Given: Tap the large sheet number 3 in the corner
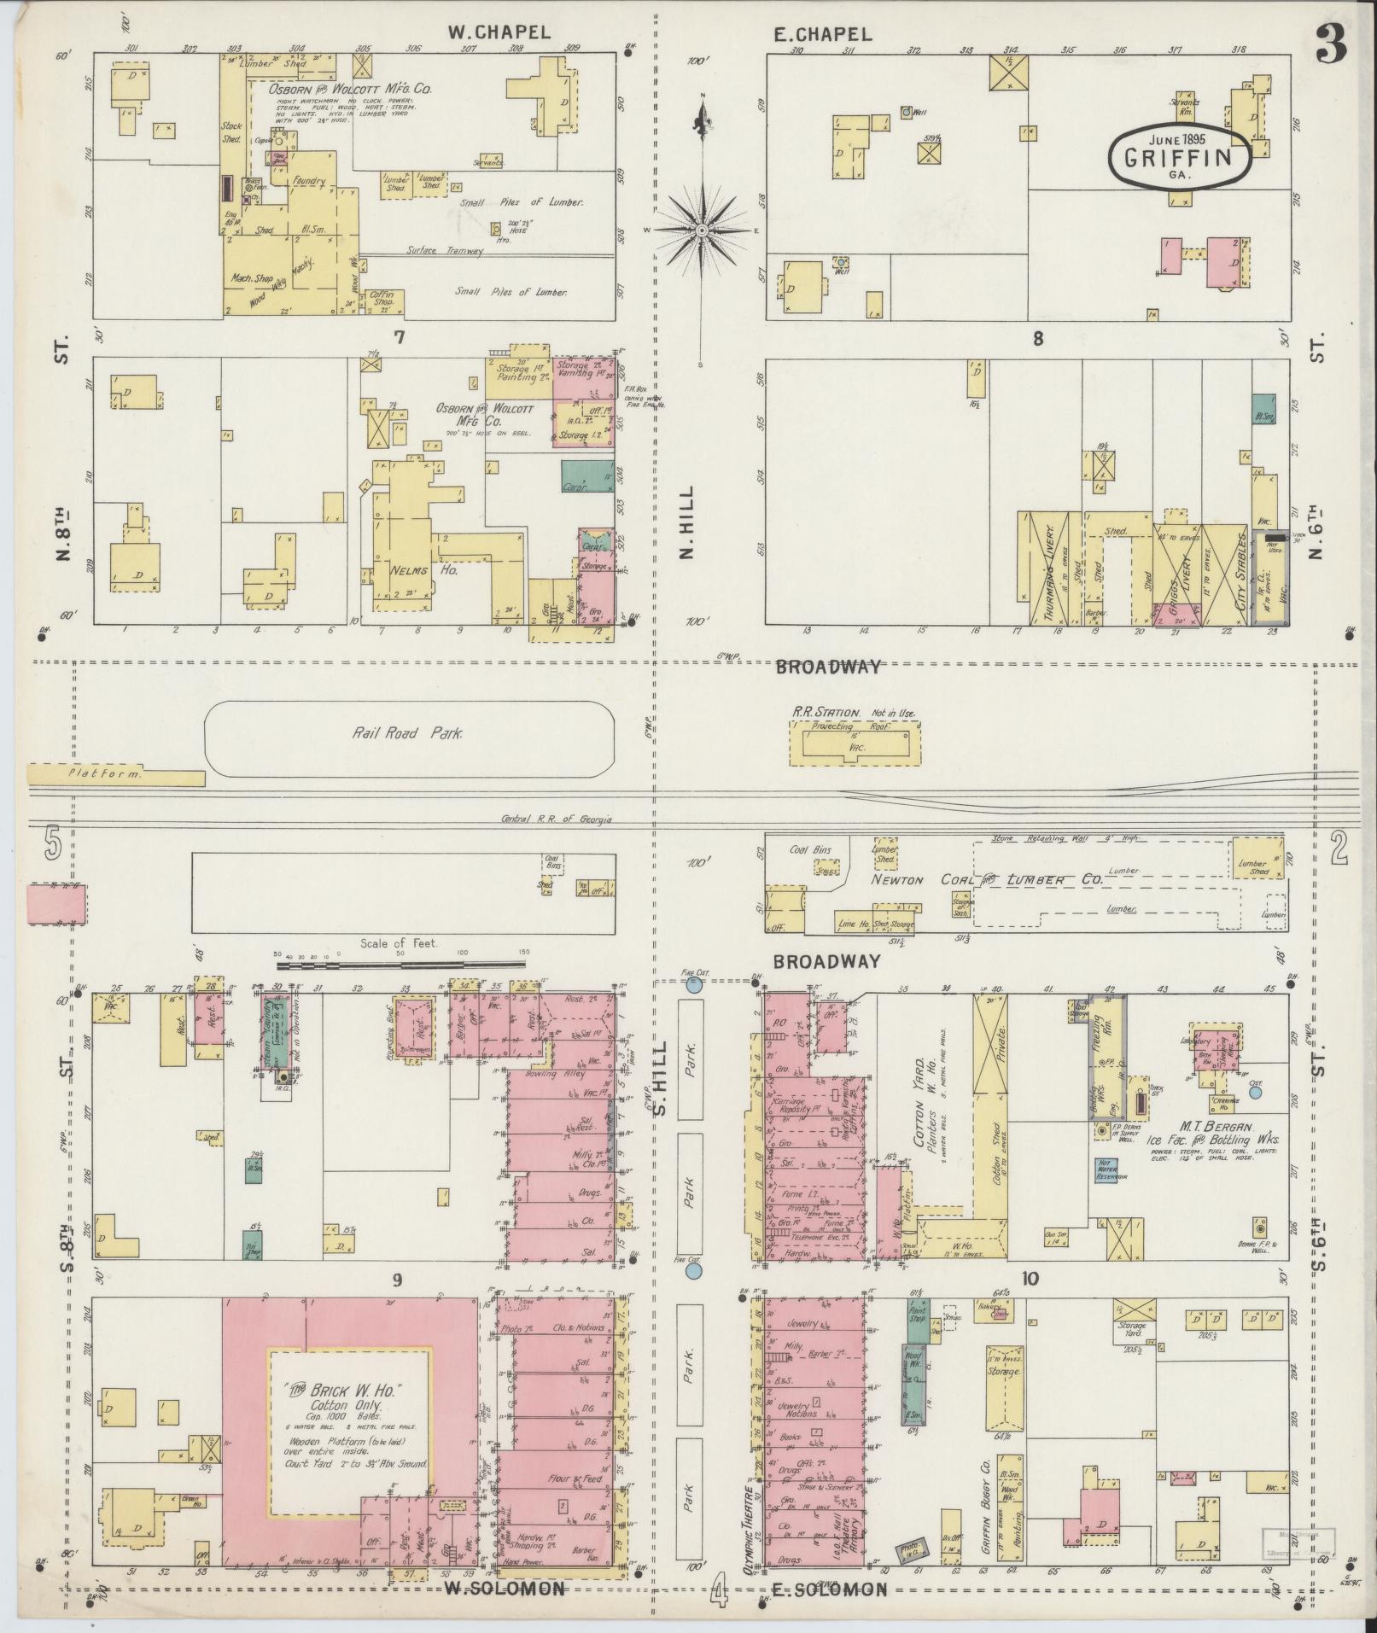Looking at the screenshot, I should point(1331,44).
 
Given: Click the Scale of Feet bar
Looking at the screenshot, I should point(402,964).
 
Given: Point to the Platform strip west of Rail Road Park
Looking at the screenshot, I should point(115,774).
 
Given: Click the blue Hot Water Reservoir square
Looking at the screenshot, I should point(1107,1169).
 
